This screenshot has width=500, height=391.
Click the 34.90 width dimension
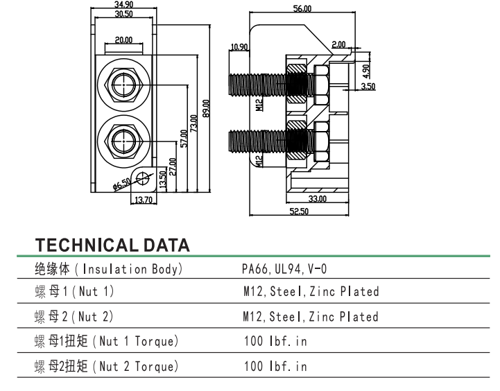124,5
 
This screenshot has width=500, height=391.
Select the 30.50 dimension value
124,14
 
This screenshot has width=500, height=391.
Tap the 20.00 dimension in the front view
124,40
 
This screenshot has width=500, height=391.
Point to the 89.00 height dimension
206,108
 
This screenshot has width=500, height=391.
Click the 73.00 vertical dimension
194,122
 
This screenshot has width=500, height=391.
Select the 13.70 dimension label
144,200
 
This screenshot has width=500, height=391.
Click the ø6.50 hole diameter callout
121,184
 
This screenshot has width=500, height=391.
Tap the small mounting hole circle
143,178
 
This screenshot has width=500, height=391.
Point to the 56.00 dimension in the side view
302,9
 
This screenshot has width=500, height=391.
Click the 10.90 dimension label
239,47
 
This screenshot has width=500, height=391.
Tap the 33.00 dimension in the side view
318,199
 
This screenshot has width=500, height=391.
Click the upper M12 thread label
259,105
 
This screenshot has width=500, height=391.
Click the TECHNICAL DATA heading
112,245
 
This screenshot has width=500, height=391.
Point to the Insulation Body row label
108,268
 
